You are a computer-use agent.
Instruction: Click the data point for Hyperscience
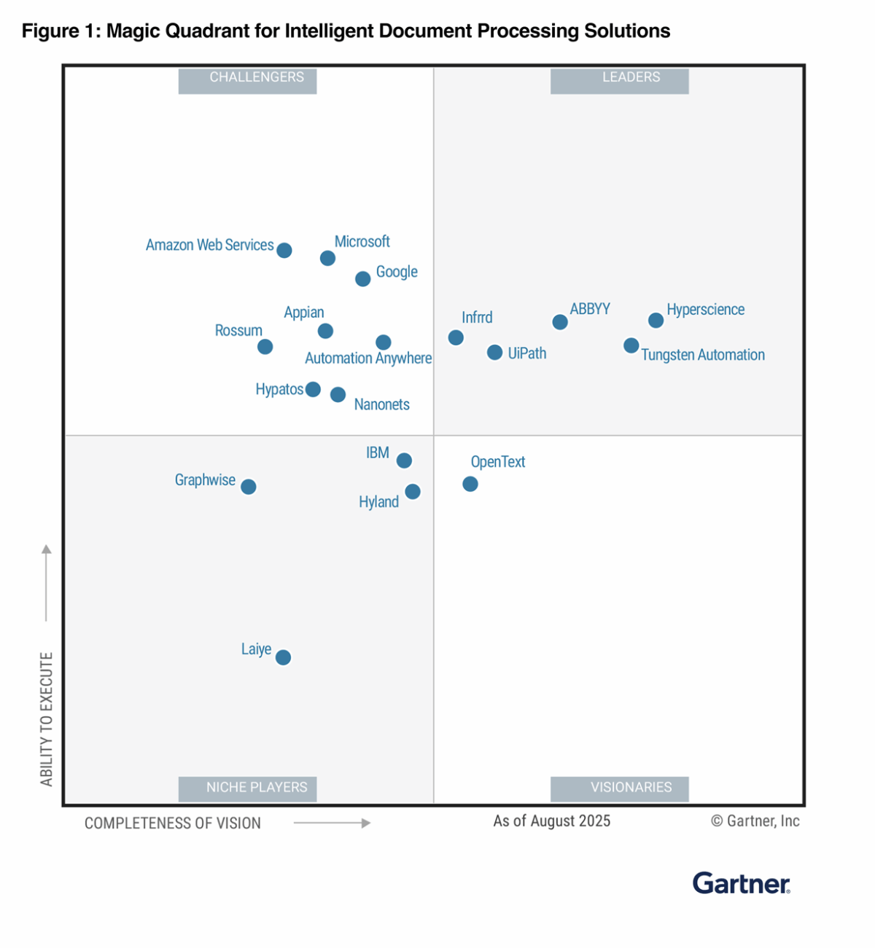[656, 320]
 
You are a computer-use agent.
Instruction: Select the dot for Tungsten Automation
[631, 345]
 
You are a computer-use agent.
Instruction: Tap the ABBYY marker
[560, 322]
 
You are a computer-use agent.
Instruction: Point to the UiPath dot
[494, 353]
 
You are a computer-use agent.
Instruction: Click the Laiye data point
[284, 657]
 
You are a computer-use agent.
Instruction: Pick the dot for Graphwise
[249, 487]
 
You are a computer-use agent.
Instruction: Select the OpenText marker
[470, 484]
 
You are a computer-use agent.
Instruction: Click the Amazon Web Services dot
[284, 251]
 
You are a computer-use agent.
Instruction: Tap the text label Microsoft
[362, 241]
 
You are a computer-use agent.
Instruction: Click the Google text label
[397, 272]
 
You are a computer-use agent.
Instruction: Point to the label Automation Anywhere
[368, 358]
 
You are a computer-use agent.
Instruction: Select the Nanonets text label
[381, 404]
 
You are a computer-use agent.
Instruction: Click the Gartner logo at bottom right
[741, 883]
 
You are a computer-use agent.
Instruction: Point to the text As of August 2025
[551, 821]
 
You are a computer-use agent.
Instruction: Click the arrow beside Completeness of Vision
[332, 823]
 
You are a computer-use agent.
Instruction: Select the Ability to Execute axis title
[47, 718]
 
